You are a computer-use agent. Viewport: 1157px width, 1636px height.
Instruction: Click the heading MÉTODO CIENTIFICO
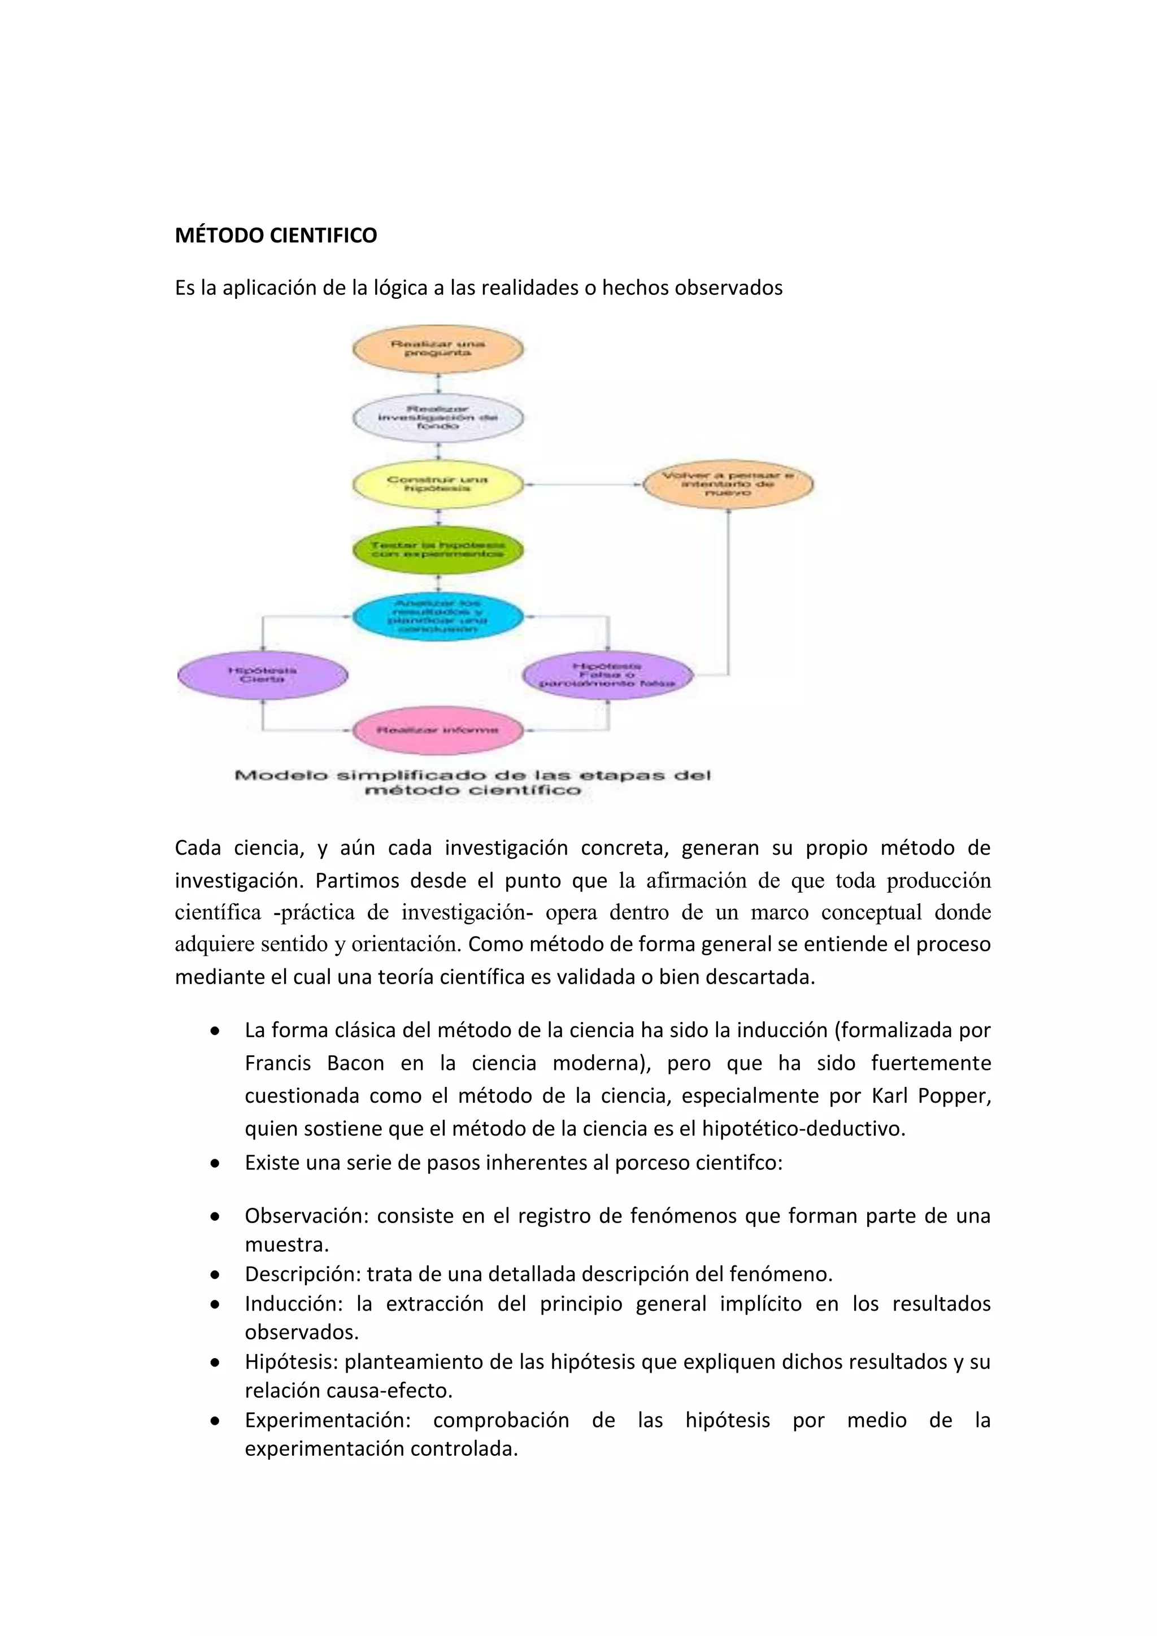pos(276,235)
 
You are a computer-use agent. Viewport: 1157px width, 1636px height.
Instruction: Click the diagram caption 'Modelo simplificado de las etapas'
pos(472,782)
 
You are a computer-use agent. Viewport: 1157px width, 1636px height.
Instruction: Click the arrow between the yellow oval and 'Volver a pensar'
pos(583,485)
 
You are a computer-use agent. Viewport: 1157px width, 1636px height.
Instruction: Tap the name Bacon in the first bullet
pos(355,1063)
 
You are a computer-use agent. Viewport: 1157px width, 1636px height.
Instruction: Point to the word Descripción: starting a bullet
pos(303,1274)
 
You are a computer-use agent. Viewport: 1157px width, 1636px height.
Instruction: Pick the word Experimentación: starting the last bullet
pos(328,1420)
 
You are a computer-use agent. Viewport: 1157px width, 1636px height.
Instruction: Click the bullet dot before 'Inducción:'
pos(215,1304)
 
